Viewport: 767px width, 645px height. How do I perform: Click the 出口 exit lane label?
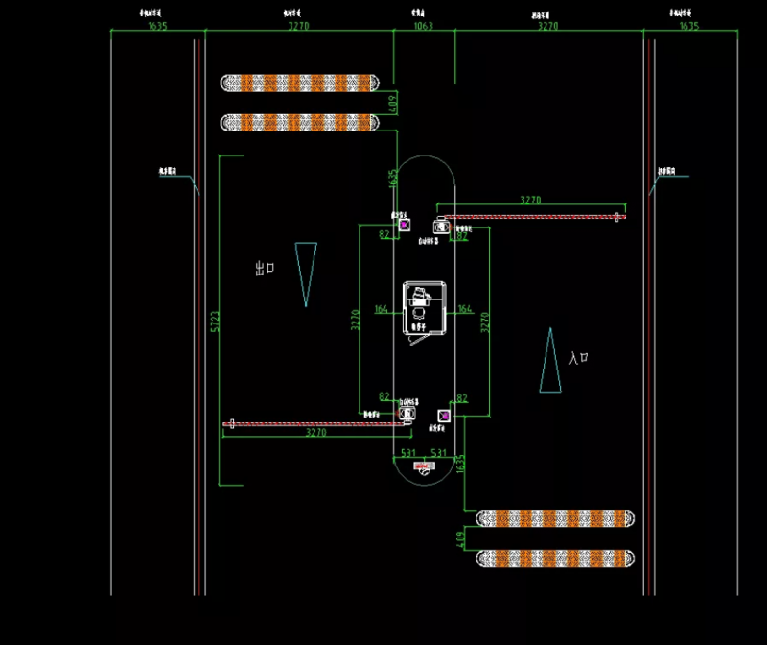265,269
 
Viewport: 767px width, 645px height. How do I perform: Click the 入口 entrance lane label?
577,358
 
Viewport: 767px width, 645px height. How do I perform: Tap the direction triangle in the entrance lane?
550,360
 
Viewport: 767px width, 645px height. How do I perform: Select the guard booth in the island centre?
423,309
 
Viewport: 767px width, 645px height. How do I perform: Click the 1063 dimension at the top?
423,26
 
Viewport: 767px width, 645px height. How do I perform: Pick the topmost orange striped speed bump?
300,83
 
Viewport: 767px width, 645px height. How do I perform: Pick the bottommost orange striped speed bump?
556,558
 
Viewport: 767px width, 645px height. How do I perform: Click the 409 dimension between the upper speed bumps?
391,102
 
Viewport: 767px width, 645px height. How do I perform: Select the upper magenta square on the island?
404,224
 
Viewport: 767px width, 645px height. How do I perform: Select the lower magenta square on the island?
443,416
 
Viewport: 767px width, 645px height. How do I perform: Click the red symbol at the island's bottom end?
424,466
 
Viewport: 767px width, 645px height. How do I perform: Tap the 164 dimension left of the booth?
382,309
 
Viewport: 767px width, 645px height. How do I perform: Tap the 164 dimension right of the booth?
465,309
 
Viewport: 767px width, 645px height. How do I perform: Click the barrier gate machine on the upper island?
441,227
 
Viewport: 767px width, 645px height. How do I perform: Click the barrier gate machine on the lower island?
407,414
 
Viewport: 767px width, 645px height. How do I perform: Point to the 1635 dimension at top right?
688,26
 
